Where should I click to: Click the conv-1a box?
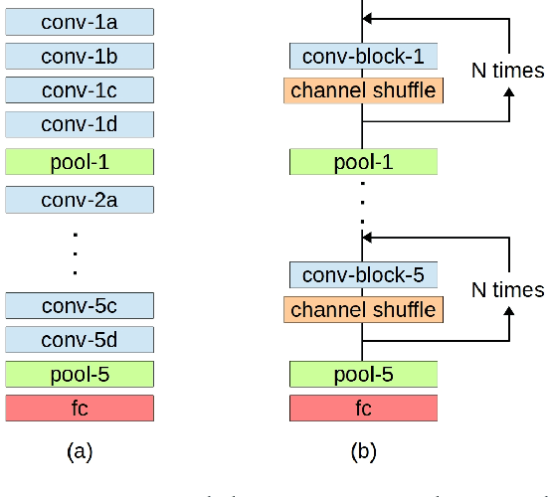pyautogui.click(x=80, y=20)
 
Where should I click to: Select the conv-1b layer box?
pyautogui.click(x=80, y=55)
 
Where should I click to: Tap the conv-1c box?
pyautogui.click(x=80, y=90)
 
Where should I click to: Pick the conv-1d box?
pyautogui.click(x=80, y=124)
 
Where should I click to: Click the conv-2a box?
pyautogui.click(x=80, y=199)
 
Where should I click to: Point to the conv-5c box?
pyautogui.click(x=80, y=305)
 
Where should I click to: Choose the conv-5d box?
pyautogui.click(x=80, y=340)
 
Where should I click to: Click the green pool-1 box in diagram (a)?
pyautogui.click(x=80, y=161)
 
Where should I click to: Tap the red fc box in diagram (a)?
pyautogui.click(x=80, y=408)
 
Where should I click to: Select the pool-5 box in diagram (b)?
pyautogui.click(x=363, y=374)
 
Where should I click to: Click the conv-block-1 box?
pyautogui.click(x=363, y=56)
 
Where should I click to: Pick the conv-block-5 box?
pyautogui.click(x=363, y=274)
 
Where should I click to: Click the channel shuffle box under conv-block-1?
pyautogui.click(x=363, y=91)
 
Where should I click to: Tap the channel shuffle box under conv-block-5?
pyautogui.click(x=363, y=310)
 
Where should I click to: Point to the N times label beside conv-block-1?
pyautogui.click(x=507, y=71)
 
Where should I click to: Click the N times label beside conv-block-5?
pyautogui.click(x=507, y=289)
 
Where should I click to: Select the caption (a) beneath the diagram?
pyautogui.click(x=80, y=452)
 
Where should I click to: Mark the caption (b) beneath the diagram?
pyautogui.click(x=363, y=452)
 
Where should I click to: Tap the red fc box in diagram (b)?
pyautogui.click(x=363, y=408)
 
